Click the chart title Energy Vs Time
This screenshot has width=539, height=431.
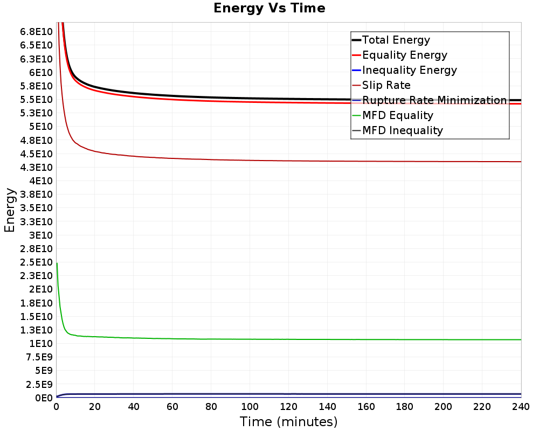pos(269,8)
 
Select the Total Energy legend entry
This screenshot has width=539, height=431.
pos(396,40)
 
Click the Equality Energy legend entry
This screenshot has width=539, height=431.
pos(404,55)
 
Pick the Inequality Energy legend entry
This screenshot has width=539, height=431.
pos(409,70)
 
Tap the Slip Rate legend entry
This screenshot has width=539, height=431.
pos(386,85)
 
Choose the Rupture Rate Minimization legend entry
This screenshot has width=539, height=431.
pos(434,100)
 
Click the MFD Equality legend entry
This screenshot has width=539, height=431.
pos(397,115)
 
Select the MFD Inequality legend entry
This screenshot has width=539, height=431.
pos(402,130)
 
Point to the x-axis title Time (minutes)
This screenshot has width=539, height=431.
pos(288,421)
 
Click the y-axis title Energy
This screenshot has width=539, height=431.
pos(9,210)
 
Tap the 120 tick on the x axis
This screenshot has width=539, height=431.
pos(288,407)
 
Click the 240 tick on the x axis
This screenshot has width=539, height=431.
pos(521,407)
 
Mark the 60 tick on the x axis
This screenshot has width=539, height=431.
pos(172,407)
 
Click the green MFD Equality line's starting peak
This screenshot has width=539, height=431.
pos(57,263)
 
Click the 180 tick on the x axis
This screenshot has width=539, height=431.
pos(405,407)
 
